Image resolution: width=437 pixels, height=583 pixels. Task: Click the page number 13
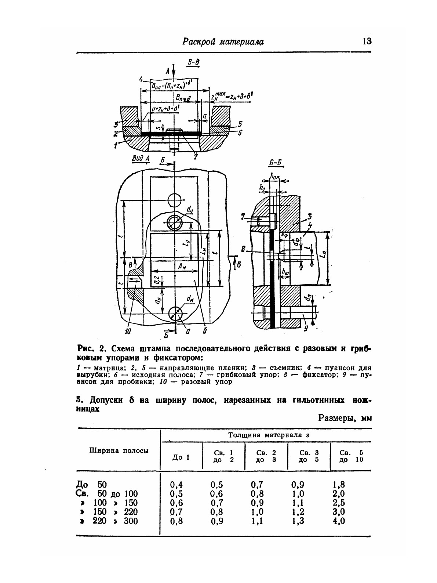(x=367, y=41)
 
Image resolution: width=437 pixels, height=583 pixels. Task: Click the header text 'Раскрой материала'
(x=223, y=42)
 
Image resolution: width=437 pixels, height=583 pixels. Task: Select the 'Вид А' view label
(x=140, y=159)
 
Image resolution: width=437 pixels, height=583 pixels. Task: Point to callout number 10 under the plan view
(x=128, y=331)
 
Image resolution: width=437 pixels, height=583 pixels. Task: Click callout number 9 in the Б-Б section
(x=306, y=328)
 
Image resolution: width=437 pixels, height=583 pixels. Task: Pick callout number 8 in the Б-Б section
(x=243, y=250)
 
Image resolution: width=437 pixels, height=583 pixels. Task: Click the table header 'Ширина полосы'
(x=119, y=451)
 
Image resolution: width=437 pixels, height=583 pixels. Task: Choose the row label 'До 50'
(x=90, y=485)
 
